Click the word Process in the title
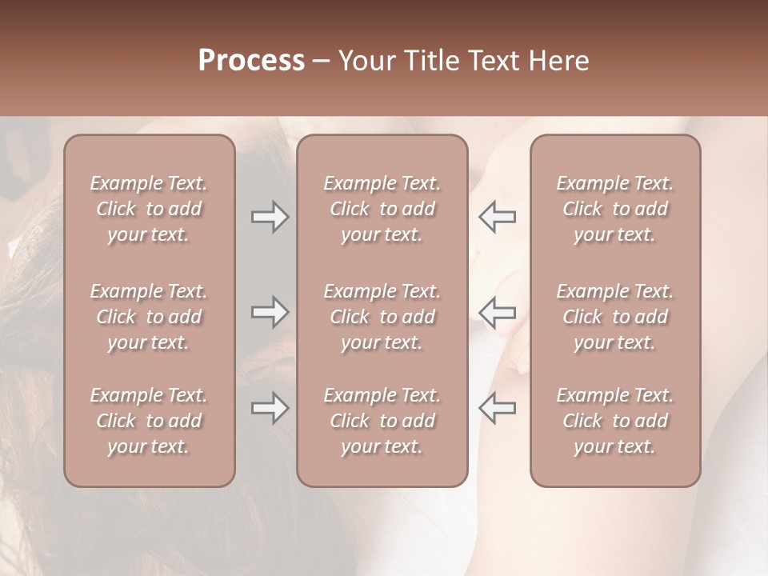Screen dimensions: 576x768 coord(251,61)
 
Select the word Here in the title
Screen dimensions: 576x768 coord(560,61)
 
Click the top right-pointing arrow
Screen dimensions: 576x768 coord(270,217)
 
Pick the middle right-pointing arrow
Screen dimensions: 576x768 coord(270,312)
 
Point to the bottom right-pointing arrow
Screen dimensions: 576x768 coord(270,408)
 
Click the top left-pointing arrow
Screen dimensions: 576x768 coord(497,217)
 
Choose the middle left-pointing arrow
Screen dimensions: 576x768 coord(497,312)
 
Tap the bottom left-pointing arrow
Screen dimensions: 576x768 coord(497,408)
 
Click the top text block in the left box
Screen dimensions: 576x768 coord(149,209)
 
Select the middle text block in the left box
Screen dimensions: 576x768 coord(149,317)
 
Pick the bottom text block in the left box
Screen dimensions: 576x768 coord(149,421)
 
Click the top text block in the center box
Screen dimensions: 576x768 coord(382,209)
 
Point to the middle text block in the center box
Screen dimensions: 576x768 coord(382,317)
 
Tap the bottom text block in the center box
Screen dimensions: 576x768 coord(382,421)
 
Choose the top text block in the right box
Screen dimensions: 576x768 coord(615,209)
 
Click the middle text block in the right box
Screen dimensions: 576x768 coord(615,317)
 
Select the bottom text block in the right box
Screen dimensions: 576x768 coord(615,421)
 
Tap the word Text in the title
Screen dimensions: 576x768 coord(496,61)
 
